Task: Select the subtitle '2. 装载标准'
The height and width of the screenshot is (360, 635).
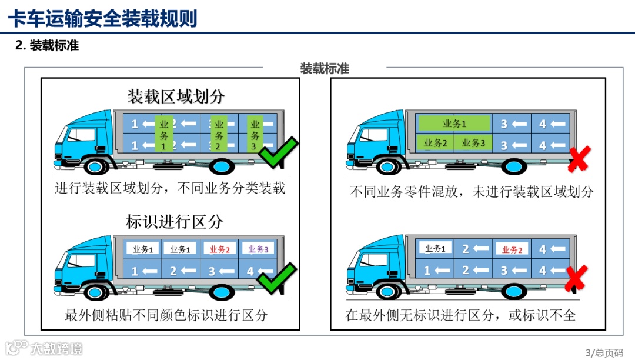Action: pos(47,45)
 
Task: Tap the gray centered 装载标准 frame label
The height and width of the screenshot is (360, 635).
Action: pos(325,69)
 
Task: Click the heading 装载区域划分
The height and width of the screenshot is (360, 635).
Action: pos(176,96)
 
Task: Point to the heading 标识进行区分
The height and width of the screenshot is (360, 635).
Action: pos(175,222)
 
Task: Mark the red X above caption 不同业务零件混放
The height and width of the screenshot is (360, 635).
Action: pos(579,159)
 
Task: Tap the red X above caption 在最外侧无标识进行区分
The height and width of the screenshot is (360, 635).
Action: pos(576,278)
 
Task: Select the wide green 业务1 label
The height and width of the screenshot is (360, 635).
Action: pos(454,124)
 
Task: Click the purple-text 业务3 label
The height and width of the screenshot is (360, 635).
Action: pos(258,249)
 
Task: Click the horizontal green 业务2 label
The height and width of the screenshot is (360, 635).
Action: pos(435,142)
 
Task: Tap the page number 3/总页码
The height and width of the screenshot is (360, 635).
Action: pos(604,352)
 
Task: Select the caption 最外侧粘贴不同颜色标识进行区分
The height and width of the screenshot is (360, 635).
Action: pos(166,315)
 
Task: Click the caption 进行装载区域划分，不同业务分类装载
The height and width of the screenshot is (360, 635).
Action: pos(170,188)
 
